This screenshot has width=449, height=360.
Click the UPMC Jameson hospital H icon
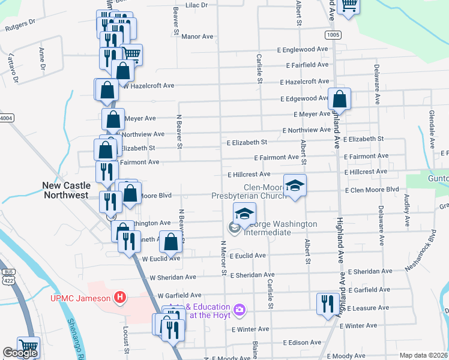point(120,298)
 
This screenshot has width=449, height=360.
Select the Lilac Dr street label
point(196,5)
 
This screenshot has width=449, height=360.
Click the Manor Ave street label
point(197,37)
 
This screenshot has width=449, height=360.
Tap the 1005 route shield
point(333,35)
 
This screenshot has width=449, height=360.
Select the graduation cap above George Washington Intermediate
point(244,213)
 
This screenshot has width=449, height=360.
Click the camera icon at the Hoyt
point(240,310)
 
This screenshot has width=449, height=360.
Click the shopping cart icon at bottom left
point(28,346)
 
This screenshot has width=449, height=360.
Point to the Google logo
point(20,353)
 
